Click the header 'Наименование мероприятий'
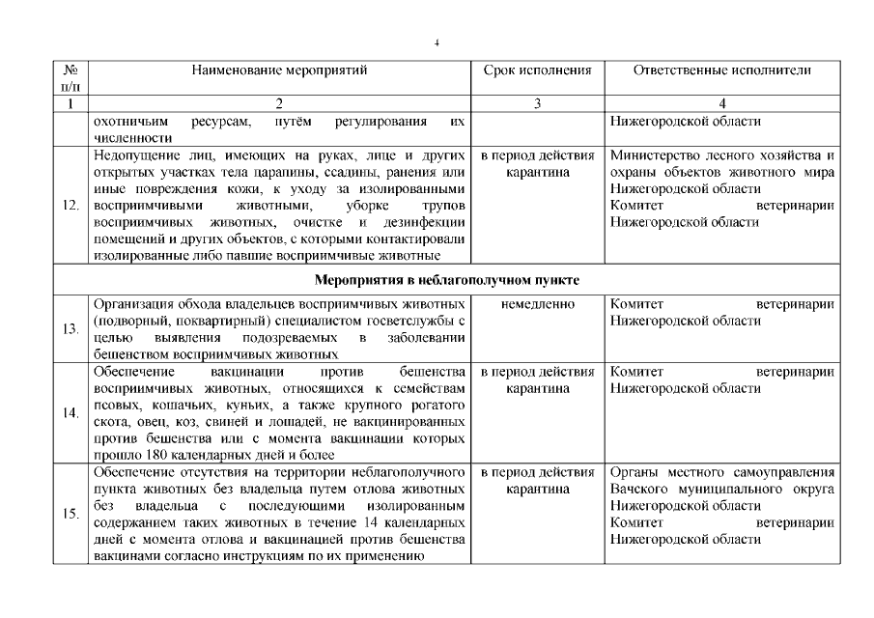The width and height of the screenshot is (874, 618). tap(280, 70)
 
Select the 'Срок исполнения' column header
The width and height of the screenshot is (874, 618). tap(537, 70)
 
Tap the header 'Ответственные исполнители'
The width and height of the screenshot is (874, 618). tap(722, 70)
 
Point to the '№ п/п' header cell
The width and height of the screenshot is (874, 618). tap(70, 78)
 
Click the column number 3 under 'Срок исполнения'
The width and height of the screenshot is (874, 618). tap(537, 104)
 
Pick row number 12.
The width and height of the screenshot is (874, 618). tap(70, 206)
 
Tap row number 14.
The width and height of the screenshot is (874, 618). tap(70, 413)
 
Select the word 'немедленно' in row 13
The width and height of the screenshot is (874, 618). tap(537, 304)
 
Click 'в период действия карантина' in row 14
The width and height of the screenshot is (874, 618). tap(537, 379)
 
